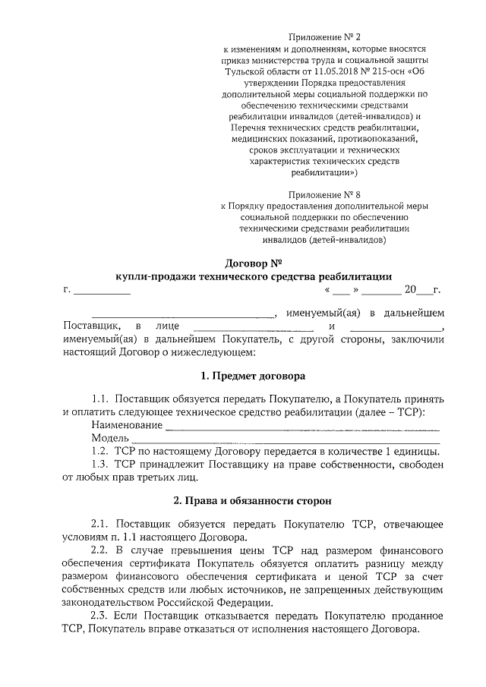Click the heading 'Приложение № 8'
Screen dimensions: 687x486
point(330,194)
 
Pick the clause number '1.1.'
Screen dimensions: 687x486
point(101,399)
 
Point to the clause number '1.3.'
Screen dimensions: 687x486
point(101,465)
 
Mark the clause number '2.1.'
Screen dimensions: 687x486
point(101,525)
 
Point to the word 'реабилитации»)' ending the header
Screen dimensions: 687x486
point(330,172)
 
